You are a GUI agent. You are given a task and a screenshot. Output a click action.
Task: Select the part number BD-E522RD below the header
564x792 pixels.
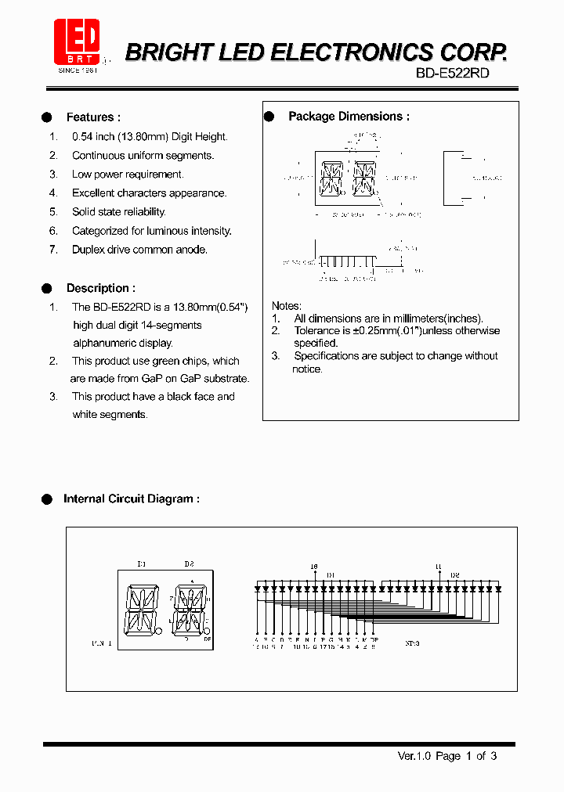pos(452,72)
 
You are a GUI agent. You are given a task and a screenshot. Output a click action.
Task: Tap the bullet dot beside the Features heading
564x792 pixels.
pos(46,117)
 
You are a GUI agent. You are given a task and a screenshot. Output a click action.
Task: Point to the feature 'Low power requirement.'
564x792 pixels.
pos(128,175)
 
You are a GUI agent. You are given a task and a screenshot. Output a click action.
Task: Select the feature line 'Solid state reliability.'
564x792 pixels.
pos(118,212)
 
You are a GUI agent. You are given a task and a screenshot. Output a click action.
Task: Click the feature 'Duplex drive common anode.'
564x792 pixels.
pos(139,250)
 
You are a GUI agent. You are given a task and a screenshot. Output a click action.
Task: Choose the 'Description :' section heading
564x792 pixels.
pos(100,288)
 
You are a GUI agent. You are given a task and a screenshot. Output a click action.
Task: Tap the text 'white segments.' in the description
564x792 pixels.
pos(109,415)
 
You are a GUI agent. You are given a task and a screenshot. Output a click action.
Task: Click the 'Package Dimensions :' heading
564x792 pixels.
pos(349,117)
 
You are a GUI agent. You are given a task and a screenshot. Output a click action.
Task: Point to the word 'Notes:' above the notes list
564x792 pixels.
pos(286,305)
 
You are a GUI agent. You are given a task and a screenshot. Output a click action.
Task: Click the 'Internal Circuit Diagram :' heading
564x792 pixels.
pos(131,499)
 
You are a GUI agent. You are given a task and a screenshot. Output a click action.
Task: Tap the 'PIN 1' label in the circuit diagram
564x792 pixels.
pos(102,643)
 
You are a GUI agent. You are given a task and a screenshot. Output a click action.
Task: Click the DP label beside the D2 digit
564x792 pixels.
pos(208,639)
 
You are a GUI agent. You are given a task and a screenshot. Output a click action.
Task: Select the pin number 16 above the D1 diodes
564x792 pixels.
pos(314,566)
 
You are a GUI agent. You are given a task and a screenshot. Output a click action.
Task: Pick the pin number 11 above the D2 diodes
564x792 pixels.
pos(438,566)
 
